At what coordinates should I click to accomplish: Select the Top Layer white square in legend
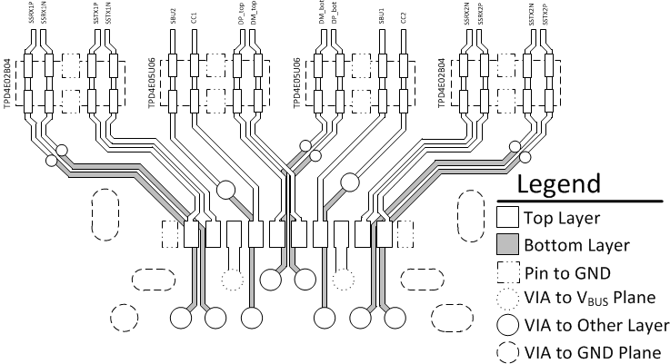click(x=508, y=217)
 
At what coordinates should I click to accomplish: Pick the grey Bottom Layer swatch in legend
click(x=508, y=244)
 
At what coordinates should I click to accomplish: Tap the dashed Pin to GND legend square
click(x=508, y=271)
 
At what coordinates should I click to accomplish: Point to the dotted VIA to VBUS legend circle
click(x=508, y=298)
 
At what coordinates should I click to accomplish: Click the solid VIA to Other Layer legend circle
click(x=508, y=325)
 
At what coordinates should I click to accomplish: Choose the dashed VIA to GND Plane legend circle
click(x=508, y=352)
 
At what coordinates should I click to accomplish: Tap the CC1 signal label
click(x=195, y=17)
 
